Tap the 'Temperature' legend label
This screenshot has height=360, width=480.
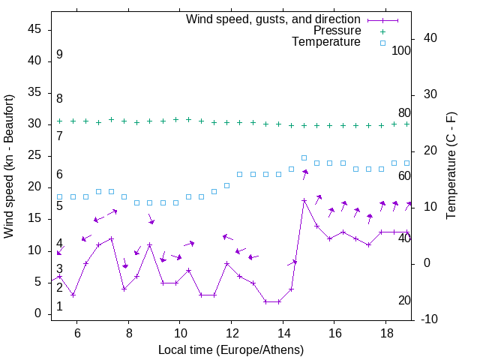(326, 43)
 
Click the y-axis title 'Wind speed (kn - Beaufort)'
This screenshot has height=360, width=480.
(9, 166)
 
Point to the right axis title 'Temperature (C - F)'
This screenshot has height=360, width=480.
(451, 166)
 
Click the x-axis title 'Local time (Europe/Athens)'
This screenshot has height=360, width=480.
(231, 350)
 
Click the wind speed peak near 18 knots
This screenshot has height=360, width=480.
(304, 200)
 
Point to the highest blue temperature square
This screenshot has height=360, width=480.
(304, 158)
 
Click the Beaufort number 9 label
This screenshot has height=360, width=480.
(59, 55)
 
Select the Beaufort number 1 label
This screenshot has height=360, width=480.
(59, 307)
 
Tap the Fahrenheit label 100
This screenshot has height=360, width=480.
(402, 51)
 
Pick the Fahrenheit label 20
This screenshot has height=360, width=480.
(405, 301)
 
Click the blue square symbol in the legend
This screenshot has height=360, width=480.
(382, 43)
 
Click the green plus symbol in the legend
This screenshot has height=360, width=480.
(382, 31)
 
